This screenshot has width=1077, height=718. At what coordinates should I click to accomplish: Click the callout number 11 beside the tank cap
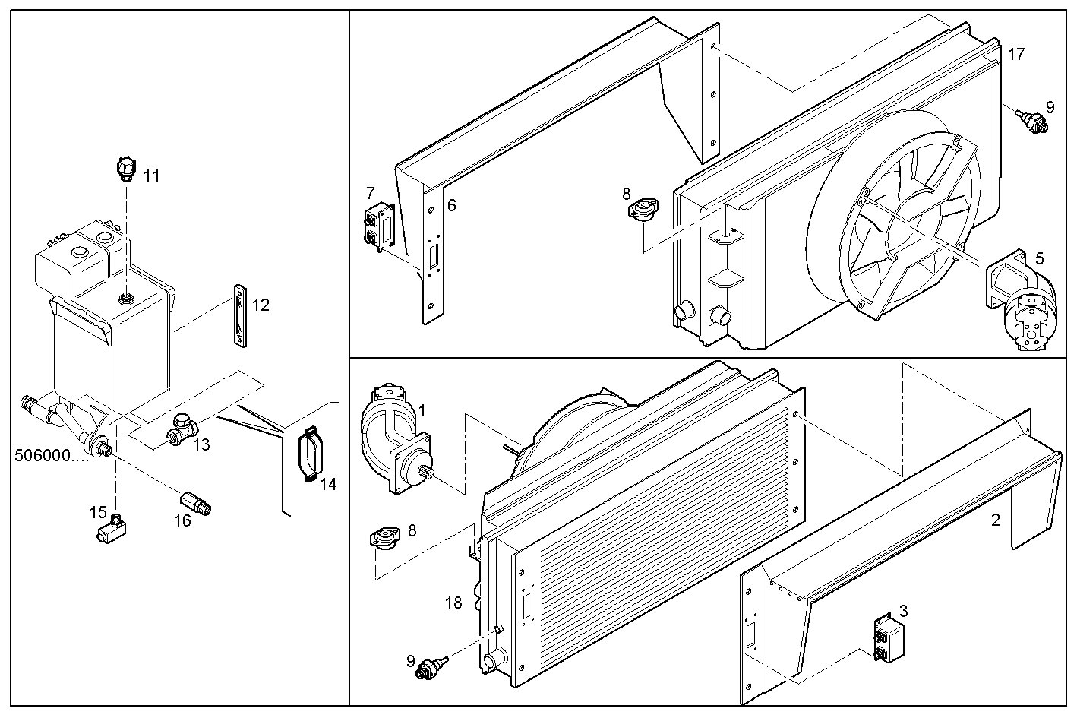(152, 176)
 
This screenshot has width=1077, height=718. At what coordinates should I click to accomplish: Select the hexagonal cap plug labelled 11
(126, 169)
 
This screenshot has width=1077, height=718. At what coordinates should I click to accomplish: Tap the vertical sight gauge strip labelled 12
(241, 316)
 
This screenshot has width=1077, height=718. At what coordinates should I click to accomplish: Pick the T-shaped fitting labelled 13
(181, 430)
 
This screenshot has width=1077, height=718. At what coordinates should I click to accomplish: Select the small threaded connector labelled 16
(197, 503)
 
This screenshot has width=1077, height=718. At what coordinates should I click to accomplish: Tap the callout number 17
(1016, 54)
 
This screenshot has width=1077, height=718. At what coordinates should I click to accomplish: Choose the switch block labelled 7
(379, 226)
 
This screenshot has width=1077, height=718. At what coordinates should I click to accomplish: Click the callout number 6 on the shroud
(451, 205)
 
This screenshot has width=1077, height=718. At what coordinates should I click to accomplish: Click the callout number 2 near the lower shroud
(995, 520)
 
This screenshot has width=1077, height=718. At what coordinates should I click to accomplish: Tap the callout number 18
(453, 603)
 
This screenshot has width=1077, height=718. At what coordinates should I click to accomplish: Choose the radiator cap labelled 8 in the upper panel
(643, 210)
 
